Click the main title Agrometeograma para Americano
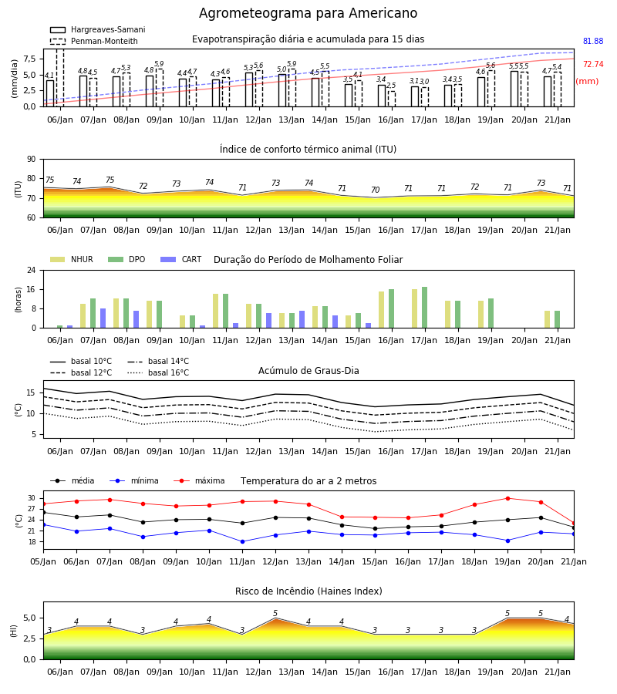(x=308, y=13)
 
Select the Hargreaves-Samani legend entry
(x=97, y=29)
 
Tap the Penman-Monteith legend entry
(x=94, y=41)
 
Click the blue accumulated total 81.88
(x=593, y=41)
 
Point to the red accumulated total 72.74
(x=593, y=64)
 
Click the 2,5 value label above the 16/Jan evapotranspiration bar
(x=391, y=86)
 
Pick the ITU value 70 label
(x=376, y=190)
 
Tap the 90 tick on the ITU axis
(x=32, y=160)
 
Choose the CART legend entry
(x=181, y=259)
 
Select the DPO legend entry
(x=126, y=259)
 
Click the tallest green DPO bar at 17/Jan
(x=424, y=308)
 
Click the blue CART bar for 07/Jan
(x=103, y=318)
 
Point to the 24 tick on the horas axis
(x=32, y=270)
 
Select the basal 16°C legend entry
(x=158, y=372)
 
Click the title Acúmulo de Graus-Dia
(x=308, y=370)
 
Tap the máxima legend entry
(x=199, y=480)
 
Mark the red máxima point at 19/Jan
(x=507, y=498)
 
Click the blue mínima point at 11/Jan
(x=242, y=542)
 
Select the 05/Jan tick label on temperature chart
(x=43, y=561)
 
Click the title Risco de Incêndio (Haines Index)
(x=308, y=591)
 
